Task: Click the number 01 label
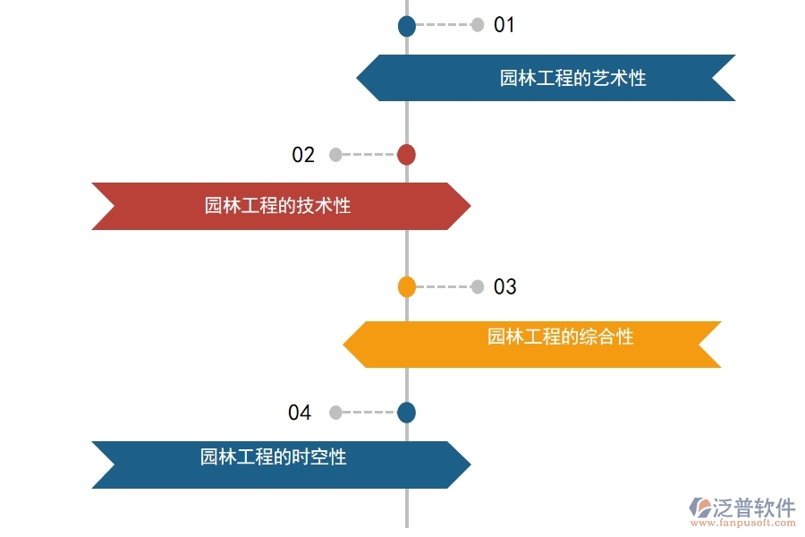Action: [504, 25]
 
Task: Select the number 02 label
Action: [303, 155]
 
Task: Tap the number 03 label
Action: [505, 287]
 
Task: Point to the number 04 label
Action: [300, 413]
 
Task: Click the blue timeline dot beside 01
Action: [407, 26]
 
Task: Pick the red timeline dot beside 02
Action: [406, 155]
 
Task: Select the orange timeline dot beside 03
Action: [407, 287]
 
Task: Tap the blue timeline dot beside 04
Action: [406, 413]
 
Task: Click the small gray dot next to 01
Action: [478, 25]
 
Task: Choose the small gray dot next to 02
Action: [335, 155]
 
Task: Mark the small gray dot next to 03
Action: [478, 287]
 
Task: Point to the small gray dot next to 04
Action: [335, 413]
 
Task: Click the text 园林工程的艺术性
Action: [572, 78]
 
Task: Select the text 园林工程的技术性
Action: [277, 206]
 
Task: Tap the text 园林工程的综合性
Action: [560, 337]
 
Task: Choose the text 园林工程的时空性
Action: [273, 457]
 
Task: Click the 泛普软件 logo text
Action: [753, 507]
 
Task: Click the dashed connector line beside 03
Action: [443, 287]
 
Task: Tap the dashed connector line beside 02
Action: [369, 155]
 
